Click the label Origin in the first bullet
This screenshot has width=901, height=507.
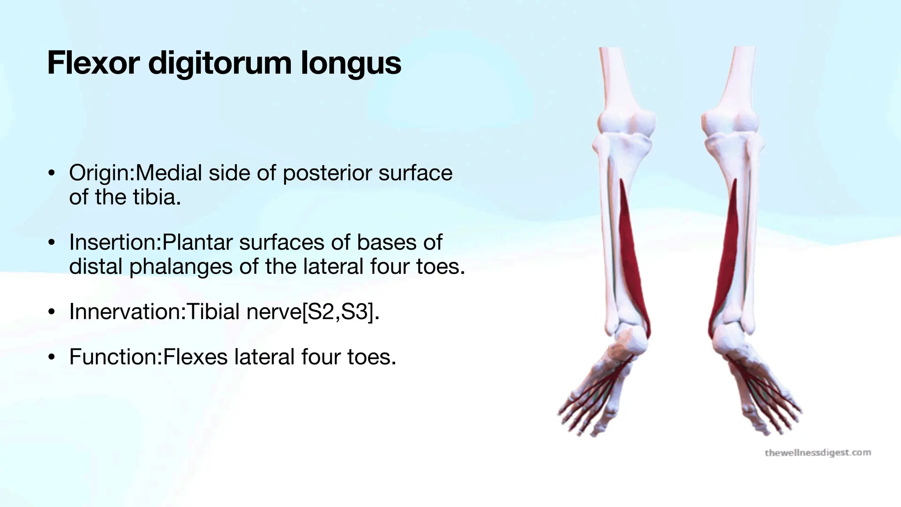pos(100,173)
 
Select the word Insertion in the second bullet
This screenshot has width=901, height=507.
pos(114,242)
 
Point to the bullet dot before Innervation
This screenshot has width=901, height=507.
pos(52,312)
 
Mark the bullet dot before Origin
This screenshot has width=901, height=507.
pos(52,173)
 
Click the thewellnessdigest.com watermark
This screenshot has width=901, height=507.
pos(817,452)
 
